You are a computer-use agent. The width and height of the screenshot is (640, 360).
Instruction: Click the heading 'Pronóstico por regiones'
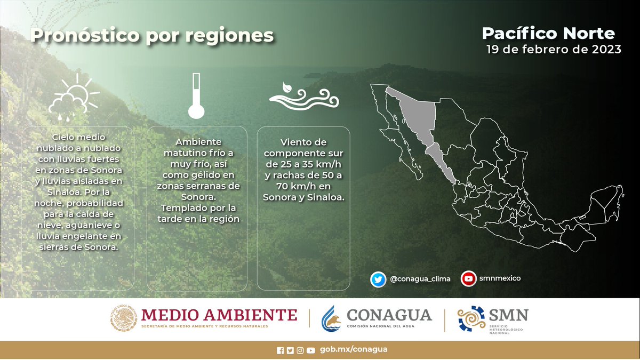pyautogui.click(x=152, y=36)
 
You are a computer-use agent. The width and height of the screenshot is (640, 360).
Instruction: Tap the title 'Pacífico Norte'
pyautogui.click(x=548, y=34)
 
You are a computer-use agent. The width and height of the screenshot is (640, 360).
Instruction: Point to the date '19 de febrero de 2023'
pyautogui.click(x=554, y=50)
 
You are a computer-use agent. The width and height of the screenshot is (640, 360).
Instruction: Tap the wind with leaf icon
pyautogui.click(x=302, y=97)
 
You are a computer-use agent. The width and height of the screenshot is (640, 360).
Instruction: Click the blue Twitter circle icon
pyautogui.click(x=379, y=278)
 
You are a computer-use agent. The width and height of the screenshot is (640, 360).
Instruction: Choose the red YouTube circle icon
pyautogui.click(x=469, y=278)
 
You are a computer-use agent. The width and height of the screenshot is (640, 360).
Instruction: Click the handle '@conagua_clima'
pyautogui.click(x=420, y=279)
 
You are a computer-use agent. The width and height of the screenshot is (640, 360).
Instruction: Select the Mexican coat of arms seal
pyautogui.click(x=124, y=318)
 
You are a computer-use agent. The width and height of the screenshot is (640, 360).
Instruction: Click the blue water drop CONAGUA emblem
pyautogui.click(x=331, y=319)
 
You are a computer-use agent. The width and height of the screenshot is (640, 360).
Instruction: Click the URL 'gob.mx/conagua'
pyautogui.click(x=354, y=349)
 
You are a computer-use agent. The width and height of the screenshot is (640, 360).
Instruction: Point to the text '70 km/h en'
pyautogui.click(x=303, y=186)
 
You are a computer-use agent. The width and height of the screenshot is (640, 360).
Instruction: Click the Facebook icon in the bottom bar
pyautogui.click(x=281, y=350)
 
